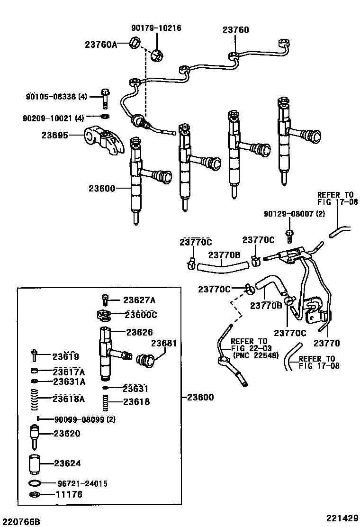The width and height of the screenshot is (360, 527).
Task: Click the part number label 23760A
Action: coord(101,45)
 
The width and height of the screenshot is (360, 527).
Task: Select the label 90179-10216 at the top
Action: coord(156,28)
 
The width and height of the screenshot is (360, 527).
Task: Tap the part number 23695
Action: coord(54,135)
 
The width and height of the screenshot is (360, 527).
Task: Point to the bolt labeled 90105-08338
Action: coord(104,98)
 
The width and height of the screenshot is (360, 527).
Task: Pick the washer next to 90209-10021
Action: coord(105,117)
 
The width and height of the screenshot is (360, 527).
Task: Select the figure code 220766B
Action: coord(20,522)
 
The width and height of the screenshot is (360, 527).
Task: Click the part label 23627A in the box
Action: coord(139,300)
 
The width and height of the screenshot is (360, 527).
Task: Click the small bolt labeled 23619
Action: coord(35,355)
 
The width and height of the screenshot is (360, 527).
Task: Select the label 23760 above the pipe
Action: coord(235,29)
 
